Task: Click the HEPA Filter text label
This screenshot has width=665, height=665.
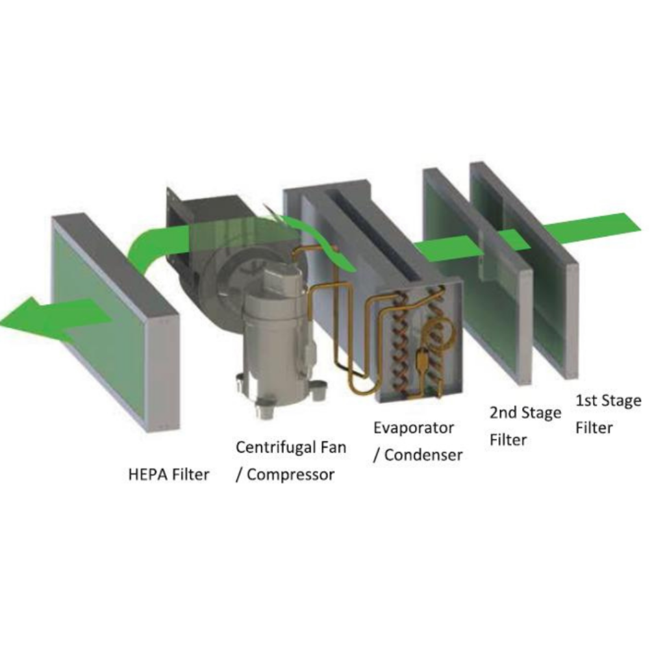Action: [x=169, y=475]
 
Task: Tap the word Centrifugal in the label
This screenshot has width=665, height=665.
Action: [x=273, y=447]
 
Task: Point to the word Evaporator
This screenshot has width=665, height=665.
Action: [x=414, y=428]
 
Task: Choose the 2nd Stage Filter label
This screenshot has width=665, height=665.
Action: [x=525, y=426]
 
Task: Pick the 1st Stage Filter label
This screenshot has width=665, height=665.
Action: [x=608, y=414]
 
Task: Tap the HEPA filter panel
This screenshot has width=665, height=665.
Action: [x=114, y=322]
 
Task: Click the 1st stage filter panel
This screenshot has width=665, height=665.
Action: [x=524, y=270]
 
